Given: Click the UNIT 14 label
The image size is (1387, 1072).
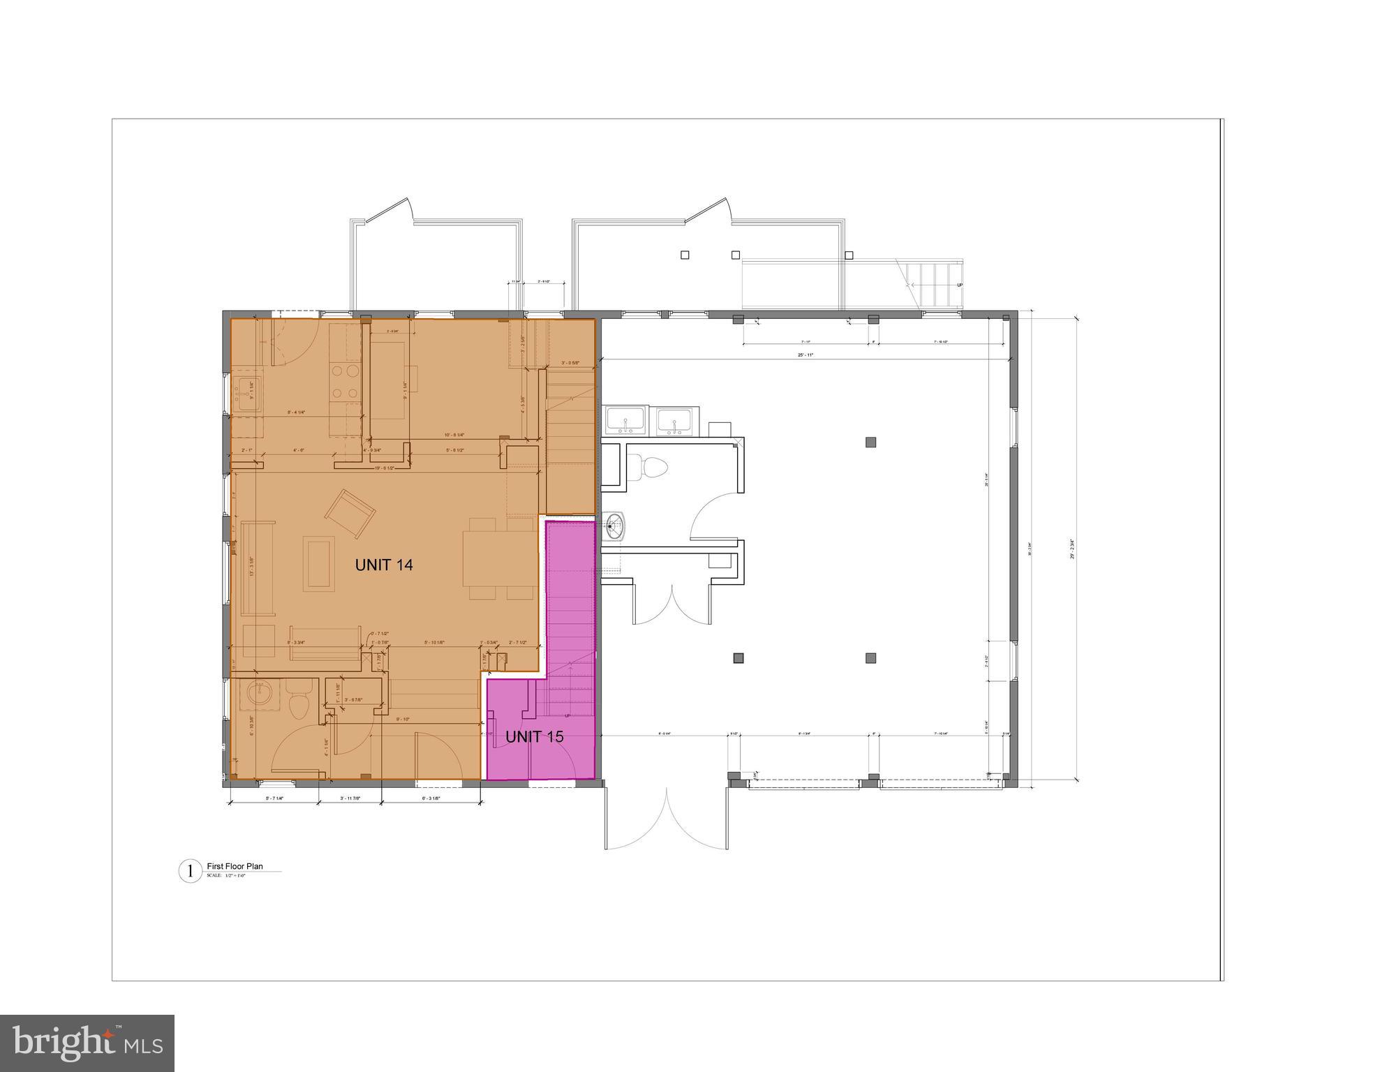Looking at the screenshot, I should pyautogui.click(x=383, y=565).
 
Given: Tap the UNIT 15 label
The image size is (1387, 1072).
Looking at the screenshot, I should pyautogui.click(x=534, y=737).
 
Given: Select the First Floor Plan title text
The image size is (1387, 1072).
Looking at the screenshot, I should pyautogui.click(x=235, y=866).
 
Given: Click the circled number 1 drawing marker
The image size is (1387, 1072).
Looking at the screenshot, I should pyautogui.click(x=190, y=871).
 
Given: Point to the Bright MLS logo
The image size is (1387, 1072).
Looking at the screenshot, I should pyautogui.click(x=87, y=1043).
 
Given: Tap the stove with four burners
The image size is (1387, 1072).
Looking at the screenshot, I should pyautogui.click(x=344, y=382).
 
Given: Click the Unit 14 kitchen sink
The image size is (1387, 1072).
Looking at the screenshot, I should pyautogui.click(x=246, y=395).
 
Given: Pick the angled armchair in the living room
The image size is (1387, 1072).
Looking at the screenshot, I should pyautogui.click(x=350, y=514).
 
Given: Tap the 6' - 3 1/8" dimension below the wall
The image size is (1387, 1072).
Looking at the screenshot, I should pyautogui.click(x=431, y=798).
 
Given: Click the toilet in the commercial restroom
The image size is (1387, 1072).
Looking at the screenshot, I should pyautogui.click(x=650, y=466).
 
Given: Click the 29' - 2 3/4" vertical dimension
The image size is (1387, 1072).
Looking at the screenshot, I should pyautogui.click(x=1071, y=549).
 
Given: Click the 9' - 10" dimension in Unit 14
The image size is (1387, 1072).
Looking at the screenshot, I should pyautogui.click(x=403, y=720).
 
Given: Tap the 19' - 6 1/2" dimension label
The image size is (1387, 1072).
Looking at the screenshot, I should pyautogui.click(x=384, y=468).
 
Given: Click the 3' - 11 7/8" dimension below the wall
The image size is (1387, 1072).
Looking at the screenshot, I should pyautogui.click(x=350, y=798).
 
